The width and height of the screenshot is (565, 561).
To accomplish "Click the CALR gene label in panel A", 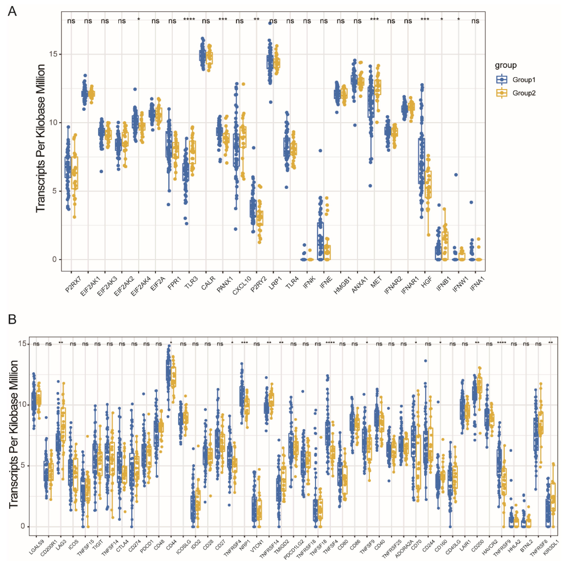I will click(208, 283).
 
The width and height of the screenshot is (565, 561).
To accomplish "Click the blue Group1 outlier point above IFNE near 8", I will click(320, 151).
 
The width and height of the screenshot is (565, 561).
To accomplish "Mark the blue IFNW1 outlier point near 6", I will click(456, 175).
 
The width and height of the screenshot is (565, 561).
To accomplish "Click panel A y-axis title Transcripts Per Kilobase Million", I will click(41, 138).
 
